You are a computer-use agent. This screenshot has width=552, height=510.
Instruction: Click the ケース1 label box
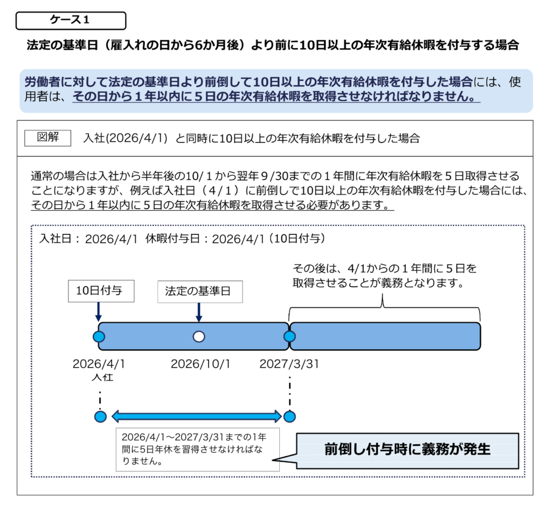(x=71, y=20)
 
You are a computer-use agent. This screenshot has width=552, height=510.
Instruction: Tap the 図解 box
(x=48, y=137)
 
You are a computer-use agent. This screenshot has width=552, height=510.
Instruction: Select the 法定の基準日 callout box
(x=200, y=292)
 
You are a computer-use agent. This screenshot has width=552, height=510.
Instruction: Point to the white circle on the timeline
(x=199, y=336)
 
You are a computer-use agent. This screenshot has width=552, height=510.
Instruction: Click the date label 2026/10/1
(x=200, y=364)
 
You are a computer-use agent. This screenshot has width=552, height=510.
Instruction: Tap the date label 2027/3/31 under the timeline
(x=289, y=364)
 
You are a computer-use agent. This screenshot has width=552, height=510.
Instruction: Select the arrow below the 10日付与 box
(x=98, y=312)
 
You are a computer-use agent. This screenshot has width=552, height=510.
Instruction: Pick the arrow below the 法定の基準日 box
(x=199, y=312)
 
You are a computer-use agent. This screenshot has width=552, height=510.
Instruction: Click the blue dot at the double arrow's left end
(x=100, y=416)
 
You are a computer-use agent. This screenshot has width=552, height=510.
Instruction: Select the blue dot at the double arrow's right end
(x=290, y=416)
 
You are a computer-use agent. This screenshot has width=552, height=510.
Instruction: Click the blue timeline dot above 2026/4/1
(x=99, y=336)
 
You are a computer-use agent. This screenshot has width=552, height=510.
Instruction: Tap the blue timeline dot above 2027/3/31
(x=290, y=336)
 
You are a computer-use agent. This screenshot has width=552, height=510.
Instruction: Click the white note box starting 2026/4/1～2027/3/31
(x=197, y=450)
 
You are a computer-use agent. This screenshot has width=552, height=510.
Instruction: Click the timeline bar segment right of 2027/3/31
(x=385, y=336)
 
